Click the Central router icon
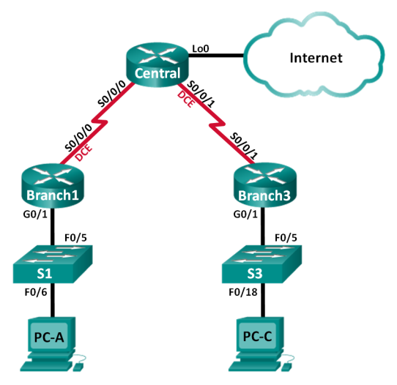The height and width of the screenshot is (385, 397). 157,62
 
